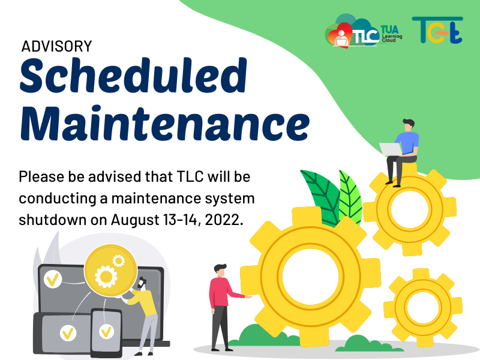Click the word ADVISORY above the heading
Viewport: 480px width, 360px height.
click(x=56, y=47)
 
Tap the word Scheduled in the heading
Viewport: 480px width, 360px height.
click(x=133, y=76)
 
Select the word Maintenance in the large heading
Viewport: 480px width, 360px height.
click(x=164, y=123)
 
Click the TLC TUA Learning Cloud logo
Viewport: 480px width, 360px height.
click(x=364, y=31)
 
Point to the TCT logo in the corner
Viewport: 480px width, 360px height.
click(x=437, y=30)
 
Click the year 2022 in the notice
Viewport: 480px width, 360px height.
click(x=222, y=220)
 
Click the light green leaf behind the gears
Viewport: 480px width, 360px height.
click(x=350, y=196)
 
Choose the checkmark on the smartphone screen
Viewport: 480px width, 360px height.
click(x=106, y=332)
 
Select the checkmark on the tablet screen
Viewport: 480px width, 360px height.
click(x=68, y=333)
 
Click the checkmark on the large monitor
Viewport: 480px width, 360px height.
click(x=53, y=279)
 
